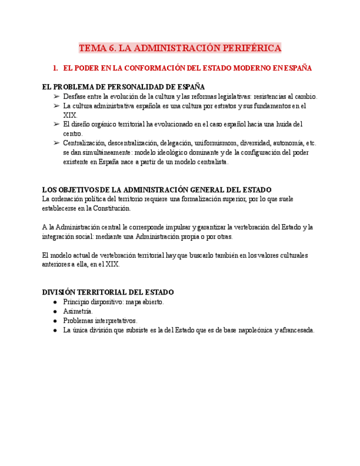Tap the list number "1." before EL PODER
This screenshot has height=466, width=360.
tap(56, 68)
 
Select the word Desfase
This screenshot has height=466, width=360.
tap(75, 96)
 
